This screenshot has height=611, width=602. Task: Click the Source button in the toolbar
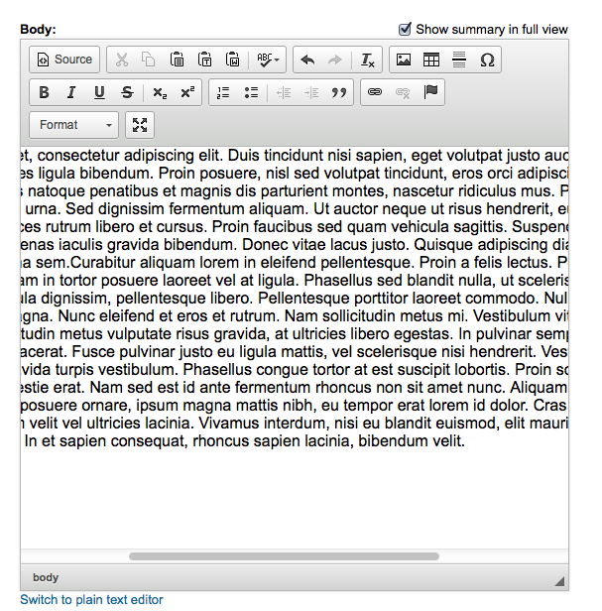click(x=64, y=60)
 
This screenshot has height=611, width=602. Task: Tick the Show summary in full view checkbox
click(x=405, y=29)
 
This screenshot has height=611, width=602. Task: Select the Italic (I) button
click(x=71, y=92)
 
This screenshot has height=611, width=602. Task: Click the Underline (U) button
click(x=99, y=92)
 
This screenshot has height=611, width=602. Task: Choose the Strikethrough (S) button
click(x=127, y=92)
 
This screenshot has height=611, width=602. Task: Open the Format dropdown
click(x=75, y=125)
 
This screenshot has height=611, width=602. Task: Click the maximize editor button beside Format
click(x=140, y=125)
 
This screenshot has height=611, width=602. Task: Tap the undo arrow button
click(x=307, y=60)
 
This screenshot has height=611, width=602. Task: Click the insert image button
click(x=404, y=60)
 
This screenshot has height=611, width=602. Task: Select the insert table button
click(x=431, y=60)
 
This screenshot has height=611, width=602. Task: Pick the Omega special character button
click(x=487, y=60)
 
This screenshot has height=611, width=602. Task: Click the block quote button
click(x=339, y=92)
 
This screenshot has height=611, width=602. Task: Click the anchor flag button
click(x=431, y=92)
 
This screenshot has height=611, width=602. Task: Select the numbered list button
click(x=223, y=92)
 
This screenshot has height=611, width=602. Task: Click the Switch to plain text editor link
click(x=91, y=599)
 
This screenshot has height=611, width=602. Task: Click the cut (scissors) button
click(x=121, y=60)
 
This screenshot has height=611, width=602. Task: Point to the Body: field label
click(x=38, y=30)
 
